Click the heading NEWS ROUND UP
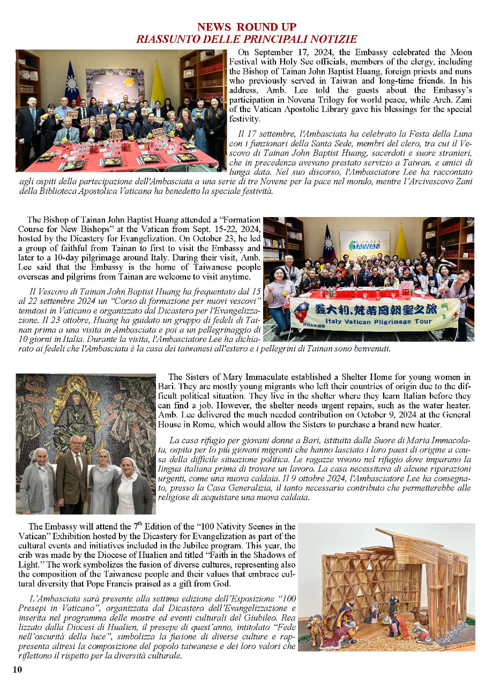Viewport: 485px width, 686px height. (x=246, y=27)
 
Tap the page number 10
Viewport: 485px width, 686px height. (x=18, y=669)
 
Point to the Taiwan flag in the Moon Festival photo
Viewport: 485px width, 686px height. (x=72, y=83)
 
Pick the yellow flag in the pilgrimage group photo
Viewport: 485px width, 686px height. (x=401, y=244)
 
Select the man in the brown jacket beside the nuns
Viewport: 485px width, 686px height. (x=73, y=474)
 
